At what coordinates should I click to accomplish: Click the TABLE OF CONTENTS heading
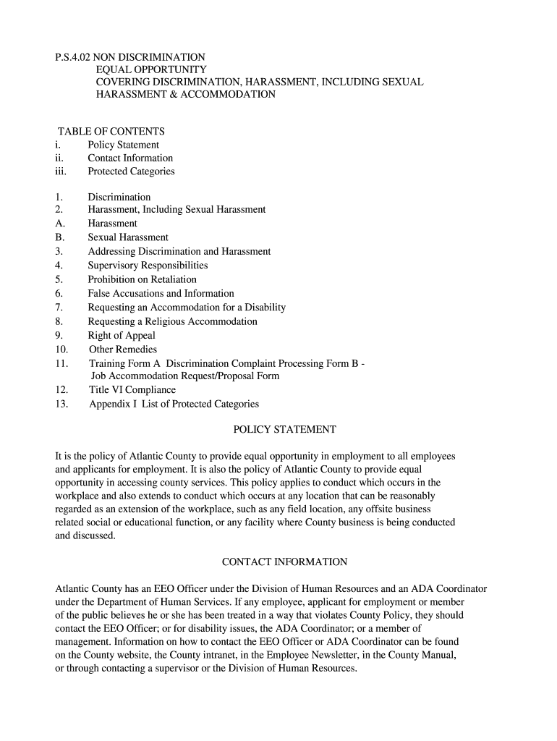click(111, 131)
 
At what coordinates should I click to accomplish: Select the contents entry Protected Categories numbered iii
click(131, 172)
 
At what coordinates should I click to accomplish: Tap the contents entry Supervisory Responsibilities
click(148, 266)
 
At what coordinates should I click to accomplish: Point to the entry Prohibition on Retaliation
click(142, 279)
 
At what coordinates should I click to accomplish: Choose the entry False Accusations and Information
click(161, 293)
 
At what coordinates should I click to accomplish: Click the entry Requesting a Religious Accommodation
click(172, 321)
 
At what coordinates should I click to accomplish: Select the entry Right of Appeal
click(122, 335)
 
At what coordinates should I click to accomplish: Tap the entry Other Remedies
click(123, 350)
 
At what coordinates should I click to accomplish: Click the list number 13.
click(61, 404)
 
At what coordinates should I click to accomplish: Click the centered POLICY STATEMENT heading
click(284, 429)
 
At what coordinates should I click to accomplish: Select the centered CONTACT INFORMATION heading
click(284, 562)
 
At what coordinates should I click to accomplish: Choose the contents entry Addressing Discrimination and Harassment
click(179, 251)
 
